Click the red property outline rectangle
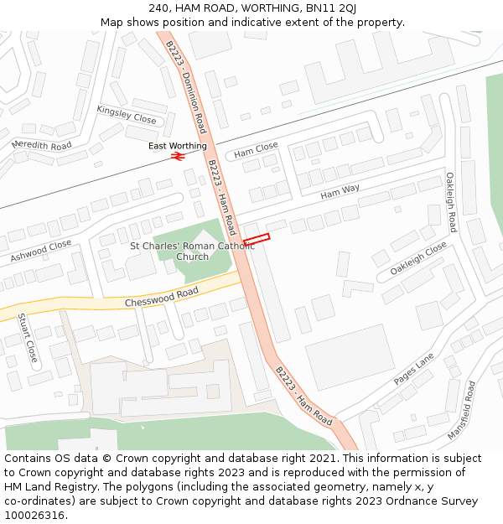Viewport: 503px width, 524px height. click(257, 240)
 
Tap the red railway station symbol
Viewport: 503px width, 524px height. click(177, 156)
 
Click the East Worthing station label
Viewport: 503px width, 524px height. click(177, 146)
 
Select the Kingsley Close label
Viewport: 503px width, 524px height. click(127, 115)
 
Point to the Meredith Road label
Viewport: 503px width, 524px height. click(42, 145)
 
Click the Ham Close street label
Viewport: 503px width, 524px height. click(256, 151)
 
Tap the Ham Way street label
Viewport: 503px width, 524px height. click(340, 192)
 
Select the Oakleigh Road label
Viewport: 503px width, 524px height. click(450, 202)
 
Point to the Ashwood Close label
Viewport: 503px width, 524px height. click(41, 252)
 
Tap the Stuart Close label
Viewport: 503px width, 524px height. click(29, 339)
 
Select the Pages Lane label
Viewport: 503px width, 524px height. click(413, 369)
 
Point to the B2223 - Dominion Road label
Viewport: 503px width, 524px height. click(186, 86)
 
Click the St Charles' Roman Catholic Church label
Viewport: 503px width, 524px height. click(192, 251)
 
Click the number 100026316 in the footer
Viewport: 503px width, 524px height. click(36, 516)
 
